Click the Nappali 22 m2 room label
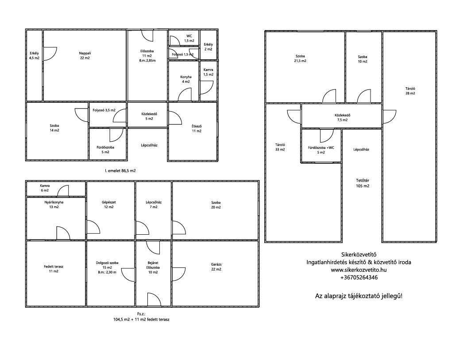85,55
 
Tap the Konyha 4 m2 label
185,79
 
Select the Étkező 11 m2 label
197,128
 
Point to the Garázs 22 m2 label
216,267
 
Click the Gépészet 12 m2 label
109,205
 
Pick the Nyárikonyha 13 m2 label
54,205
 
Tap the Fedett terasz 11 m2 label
54,269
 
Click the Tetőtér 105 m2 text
363,183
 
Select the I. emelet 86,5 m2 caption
120,171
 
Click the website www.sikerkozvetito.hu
359,270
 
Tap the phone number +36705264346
359,278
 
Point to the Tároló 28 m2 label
410,91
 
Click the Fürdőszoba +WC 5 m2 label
321,150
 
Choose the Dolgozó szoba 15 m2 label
107,267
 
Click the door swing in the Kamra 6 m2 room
63,190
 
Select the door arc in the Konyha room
185,95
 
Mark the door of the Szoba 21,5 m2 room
329,96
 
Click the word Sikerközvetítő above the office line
359,255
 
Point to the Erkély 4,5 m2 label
34,55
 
